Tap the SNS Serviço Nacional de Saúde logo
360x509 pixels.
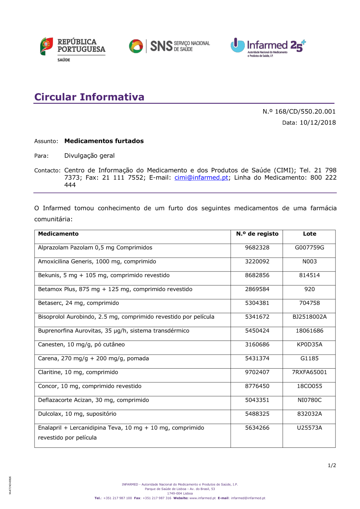point(169,46)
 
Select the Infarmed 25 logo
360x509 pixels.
point(268,47)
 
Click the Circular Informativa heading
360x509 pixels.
point(89,97)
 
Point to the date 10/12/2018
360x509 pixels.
point(318,122)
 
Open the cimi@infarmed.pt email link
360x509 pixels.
point(201,177)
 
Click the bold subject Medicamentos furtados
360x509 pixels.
point(104,141)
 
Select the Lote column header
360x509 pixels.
point(309,234)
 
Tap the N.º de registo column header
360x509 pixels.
point(257,234)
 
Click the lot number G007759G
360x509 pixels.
point(309,248)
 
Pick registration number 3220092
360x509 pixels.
point(257,262)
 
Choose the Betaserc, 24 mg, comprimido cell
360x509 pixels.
point(78,303)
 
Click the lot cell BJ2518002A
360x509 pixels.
point(309,317)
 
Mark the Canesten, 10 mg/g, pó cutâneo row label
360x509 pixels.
point(81,344)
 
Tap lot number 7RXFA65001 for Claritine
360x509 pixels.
point(309,372)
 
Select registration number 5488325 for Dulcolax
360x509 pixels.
point(257,414)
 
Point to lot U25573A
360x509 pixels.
point(309,428)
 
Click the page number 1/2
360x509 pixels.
point(332,465)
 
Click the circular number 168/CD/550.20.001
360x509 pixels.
point(305,112)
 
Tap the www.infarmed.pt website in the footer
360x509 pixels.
point(202,498)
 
